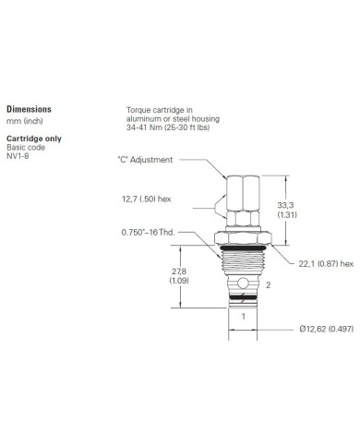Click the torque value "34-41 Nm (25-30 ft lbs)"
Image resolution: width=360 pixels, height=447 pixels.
(173, 126)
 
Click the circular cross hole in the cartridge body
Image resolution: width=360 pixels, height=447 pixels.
(243, 278)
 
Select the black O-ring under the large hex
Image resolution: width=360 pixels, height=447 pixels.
(242, 247)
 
